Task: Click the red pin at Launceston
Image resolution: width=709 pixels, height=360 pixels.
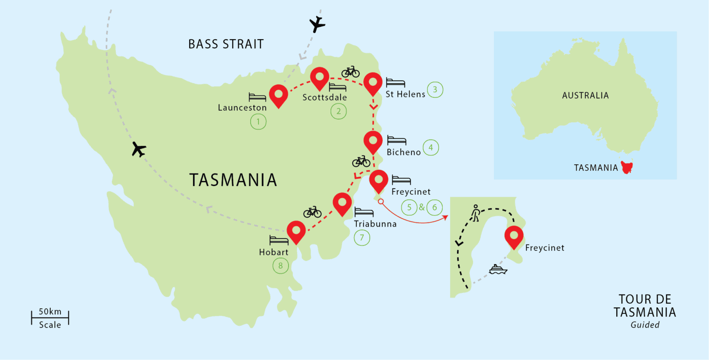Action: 278,95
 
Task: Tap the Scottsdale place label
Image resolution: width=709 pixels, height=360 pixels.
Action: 324,97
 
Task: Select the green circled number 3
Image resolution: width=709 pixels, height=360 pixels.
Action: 435,90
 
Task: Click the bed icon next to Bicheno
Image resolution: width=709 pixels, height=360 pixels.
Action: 397,140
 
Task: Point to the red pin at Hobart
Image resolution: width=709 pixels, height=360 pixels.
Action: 296,230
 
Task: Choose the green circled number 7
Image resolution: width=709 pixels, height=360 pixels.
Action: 362,238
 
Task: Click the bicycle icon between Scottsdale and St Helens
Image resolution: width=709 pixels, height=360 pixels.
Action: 350,72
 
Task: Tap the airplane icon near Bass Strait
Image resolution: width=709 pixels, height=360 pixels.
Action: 316,24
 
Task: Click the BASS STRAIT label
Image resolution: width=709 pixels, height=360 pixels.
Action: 226,44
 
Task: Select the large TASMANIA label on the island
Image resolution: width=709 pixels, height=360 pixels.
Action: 233,180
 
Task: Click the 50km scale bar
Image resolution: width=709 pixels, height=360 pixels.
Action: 50,317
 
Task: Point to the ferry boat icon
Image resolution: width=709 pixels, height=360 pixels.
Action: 498,269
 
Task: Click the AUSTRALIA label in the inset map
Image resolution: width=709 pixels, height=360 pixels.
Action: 585,96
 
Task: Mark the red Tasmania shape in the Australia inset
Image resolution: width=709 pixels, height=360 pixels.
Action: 627,167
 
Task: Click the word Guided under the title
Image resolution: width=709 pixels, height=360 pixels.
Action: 645,325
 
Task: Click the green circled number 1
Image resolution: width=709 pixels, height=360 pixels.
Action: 258,122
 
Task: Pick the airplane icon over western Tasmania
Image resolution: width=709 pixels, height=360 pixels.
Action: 138,150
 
